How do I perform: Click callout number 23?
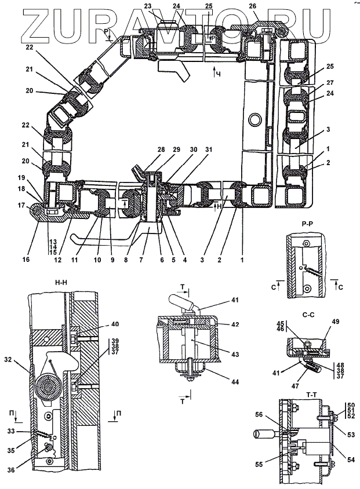(147, 6)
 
